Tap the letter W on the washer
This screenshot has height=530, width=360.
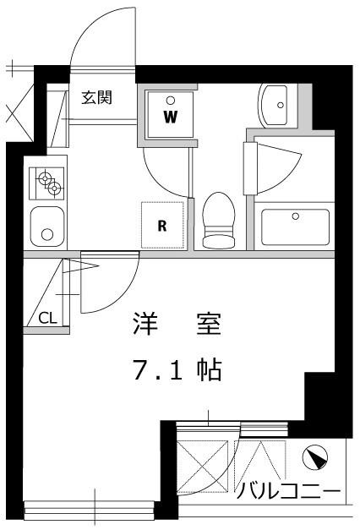click(170, 117)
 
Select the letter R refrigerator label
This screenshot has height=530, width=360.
click(161, 225)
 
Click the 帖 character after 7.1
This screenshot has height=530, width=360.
click(210, 369)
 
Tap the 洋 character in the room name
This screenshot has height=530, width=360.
click(145, 325)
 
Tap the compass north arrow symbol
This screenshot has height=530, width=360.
click(315, 457)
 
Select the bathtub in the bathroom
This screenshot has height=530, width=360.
click(294, 226)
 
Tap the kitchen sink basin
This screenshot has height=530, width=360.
click(46, 225)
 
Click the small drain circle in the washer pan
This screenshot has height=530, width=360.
click(170, 99)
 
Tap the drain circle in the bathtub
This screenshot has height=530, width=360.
click(295, 216)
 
